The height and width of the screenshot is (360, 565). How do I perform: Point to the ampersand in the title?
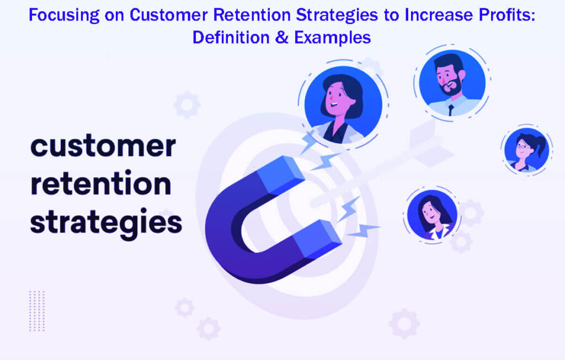282,38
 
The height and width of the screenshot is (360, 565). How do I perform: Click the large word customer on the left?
103,147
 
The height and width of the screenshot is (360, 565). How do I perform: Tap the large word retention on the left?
100,185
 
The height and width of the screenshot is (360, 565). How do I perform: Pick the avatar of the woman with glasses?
526,150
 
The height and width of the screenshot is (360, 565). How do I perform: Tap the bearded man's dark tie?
451,110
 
